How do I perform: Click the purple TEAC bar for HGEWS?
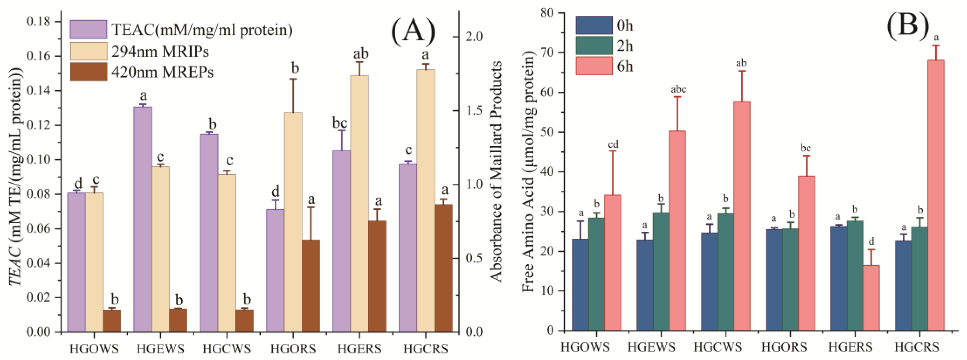[x=143, y=219]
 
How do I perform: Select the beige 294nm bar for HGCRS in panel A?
[x=426, y=201]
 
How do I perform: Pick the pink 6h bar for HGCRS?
[x=936, y=195]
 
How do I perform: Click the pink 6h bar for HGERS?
[x=871, y=298]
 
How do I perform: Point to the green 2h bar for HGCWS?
[x=726, y=272]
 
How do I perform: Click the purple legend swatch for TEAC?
[x=88, y=29]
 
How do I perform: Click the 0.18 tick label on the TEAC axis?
[x=39, y=22]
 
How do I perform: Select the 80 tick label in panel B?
[x=548, y=13]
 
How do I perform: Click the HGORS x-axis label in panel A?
[x=293, y=349]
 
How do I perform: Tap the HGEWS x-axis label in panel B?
[x=651, y=347]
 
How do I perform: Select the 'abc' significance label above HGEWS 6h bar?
[x=678, y=89]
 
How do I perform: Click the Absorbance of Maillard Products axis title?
[x=496, y=171]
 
